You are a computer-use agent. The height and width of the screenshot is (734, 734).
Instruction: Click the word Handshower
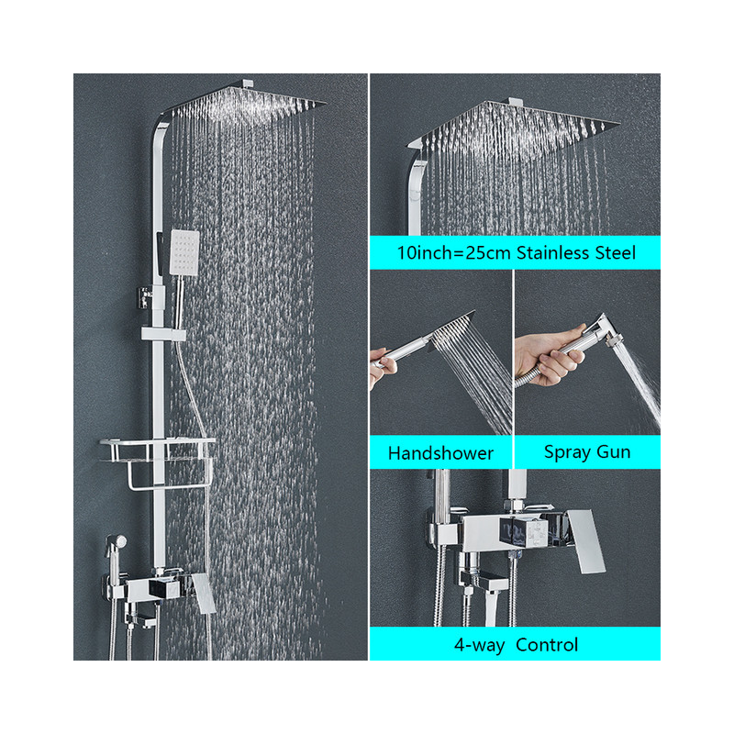(440, 453)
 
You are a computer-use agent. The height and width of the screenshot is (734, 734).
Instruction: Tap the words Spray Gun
(587, 452)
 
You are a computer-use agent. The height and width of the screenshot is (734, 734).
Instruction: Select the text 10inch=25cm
(453, 253)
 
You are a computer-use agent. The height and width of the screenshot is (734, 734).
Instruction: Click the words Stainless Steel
(576, 253)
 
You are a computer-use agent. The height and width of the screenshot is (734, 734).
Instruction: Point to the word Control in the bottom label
(547, 645)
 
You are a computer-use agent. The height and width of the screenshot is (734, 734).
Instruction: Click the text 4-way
(479, 645)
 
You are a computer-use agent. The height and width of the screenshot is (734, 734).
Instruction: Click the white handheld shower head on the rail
(184, 251)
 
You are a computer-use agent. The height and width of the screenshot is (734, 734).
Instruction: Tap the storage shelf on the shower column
(157, 450)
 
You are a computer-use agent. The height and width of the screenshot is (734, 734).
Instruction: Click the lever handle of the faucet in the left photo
(203, 593)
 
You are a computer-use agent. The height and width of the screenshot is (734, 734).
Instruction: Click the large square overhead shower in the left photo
(247, 100)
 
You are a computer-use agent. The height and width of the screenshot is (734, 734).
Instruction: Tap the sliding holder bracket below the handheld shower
(163, 334)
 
